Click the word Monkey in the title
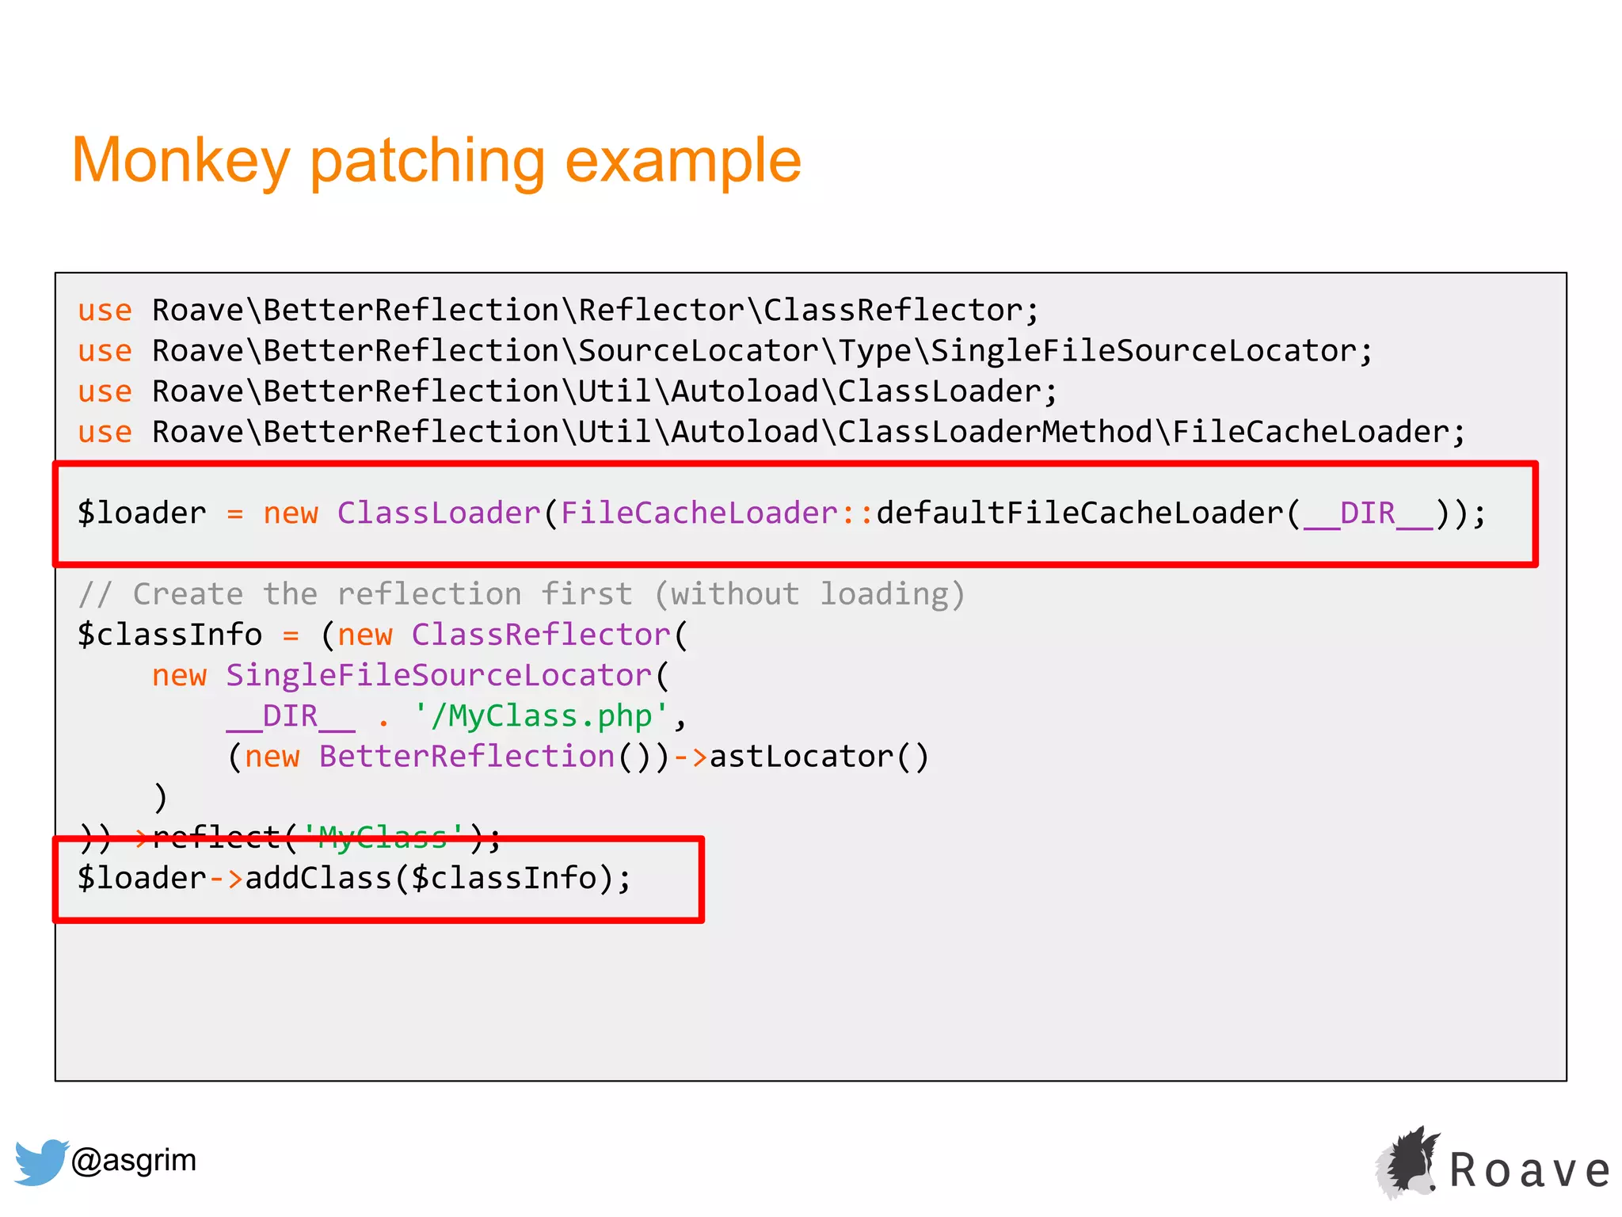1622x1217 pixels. [181, 161]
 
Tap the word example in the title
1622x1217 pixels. [683, 161]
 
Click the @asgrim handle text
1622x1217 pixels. [134, 1160]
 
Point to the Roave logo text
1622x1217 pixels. [1529, 1170]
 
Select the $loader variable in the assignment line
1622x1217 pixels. [142, 513]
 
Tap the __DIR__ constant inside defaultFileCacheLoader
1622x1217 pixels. [1368, 513]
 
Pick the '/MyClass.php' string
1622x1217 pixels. [541, 716]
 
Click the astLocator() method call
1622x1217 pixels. [819, 757]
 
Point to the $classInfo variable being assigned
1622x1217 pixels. [169, 635]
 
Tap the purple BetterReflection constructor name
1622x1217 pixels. [466, 757]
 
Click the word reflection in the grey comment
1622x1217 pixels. [428, 594]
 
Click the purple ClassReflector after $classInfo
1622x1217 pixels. [541, 635]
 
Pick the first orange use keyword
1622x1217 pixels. [105, 311]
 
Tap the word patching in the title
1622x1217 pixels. [427, 161]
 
